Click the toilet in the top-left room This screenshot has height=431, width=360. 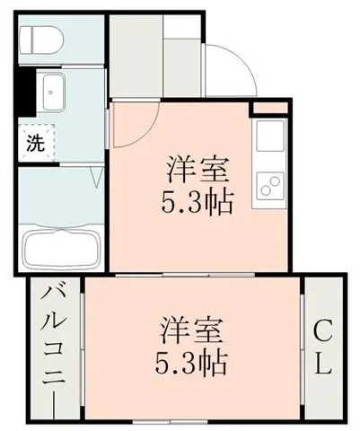pyautogui.click(x=41, y=40)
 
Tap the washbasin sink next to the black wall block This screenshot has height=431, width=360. pyautogui.click(x=54, y=92)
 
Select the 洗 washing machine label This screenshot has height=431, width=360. pyautogui.click(x=36, y=143)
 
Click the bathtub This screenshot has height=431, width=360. pyautogui.click(x=61, y=248)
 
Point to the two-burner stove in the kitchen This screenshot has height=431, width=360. pyautogui.click(x=270, y=184)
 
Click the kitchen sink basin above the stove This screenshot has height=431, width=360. pyautogui.click(x=270, y=135)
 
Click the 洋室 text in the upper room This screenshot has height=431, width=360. pyautogui.click(x=198, y=169)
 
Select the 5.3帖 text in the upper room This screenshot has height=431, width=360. pyautogui.click(x=197, y=201)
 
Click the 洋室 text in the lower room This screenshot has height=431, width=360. pyautogui.click(x=192, y=331)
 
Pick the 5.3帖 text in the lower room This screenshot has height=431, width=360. pyautogui.click(x=190, y=364)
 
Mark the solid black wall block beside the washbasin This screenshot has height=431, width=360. pyautogui.click(x=26, y=92)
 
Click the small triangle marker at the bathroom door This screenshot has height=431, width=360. pyautogui.click(x=97, y=178)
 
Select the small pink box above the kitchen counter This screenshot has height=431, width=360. pyautogui.click(x=270, y=108)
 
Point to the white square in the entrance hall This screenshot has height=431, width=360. pyautogui.click(x=181, y=26)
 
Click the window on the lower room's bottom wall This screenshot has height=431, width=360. pyautogui.click(x=170, y=422)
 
